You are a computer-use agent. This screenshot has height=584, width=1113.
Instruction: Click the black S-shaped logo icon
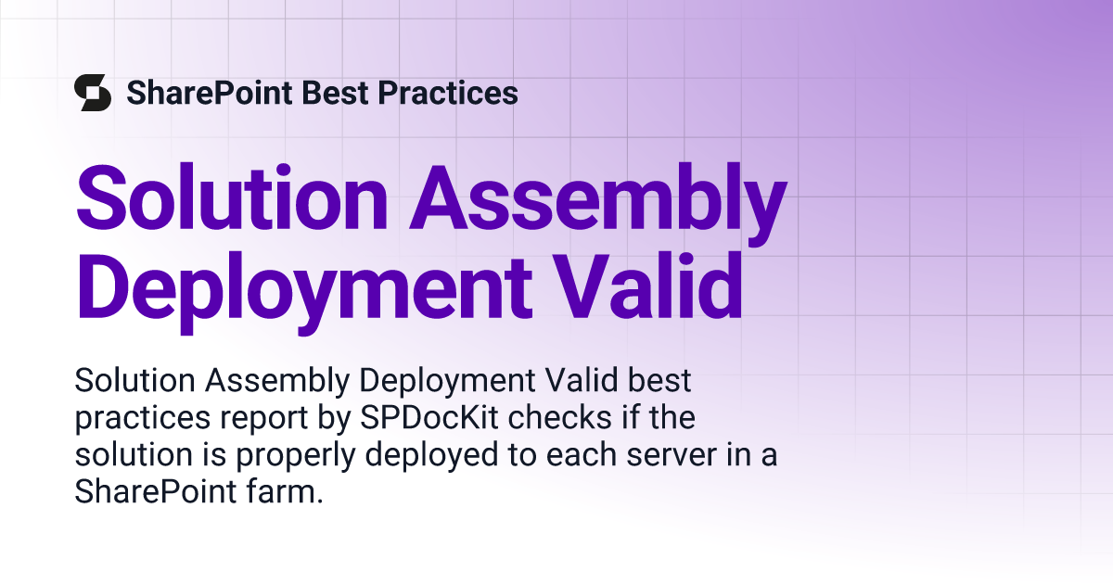point(93,93)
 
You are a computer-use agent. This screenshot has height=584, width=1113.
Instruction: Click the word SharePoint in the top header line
point(210,94)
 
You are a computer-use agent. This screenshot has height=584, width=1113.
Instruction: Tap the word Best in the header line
point(335,93)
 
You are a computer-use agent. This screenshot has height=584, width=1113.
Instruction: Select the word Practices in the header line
point(448,93)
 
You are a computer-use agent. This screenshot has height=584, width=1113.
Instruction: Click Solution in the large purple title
point(232,197)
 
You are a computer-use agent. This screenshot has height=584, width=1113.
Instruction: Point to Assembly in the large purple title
point(599,204)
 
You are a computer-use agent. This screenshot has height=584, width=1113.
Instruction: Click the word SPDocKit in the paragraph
point(429,417)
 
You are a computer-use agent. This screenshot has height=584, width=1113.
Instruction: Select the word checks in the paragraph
point(559,417)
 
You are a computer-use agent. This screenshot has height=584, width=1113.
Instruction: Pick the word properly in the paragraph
point(296,456)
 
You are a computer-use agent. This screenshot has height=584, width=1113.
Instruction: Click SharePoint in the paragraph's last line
point(156,491)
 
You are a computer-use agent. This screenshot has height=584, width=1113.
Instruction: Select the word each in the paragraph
point(581,454)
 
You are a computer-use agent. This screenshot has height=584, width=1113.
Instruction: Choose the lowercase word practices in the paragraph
point(143,419)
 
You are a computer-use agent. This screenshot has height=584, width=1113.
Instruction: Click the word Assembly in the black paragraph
point(277,381)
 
